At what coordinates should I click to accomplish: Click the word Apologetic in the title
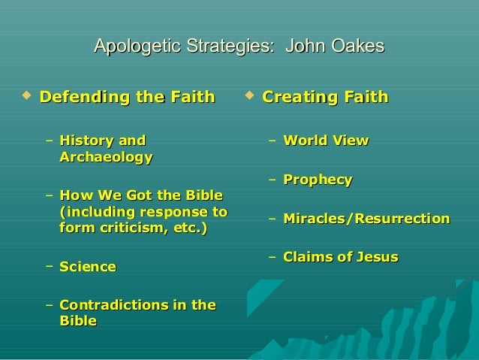[x=131, y=47]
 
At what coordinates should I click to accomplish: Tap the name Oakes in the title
[x=357, y=47]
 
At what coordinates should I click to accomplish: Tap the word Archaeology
[x=105, y=157]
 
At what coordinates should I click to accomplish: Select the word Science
[x=87, y=267]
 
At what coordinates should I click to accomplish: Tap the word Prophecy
[x=318, y=180]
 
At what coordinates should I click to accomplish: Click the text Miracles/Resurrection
[x=366, y=219]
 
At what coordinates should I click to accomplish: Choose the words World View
[x=326, y=141]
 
